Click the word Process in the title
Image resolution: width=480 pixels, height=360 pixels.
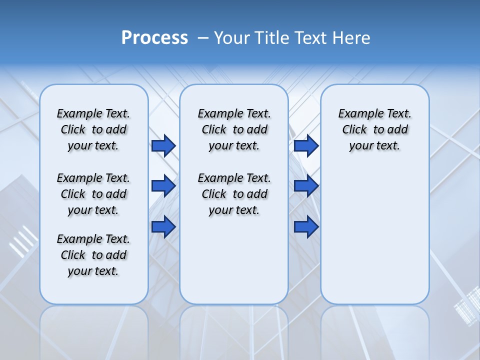154,37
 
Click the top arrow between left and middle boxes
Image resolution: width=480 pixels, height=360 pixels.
163,146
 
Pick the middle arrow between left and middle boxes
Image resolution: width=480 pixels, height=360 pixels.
163,186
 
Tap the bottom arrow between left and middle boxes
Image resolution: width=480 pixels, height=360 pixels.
163,226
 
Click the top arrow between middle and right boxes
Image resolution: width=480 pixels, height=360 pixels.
306,146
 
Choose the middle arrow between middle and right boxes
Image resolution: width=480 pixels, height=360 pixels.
306,186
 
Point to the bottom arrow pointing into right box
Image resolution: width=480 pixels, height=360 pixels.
306,226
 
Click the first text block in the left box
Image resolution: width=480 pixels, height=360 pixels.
93,129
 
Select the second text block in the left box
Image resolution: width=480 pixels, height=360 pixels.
93,194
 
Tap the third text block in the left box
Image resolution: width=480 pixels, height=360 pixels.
93,255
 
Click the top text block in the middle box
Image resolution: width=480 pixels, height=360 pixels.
234,129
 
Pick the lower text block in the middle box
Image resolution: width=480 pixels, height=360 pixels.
234,194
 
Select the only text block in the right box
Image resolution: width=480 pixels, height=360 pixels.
374,129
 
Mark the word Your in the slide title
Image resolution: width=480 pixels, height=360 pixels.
231,37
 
